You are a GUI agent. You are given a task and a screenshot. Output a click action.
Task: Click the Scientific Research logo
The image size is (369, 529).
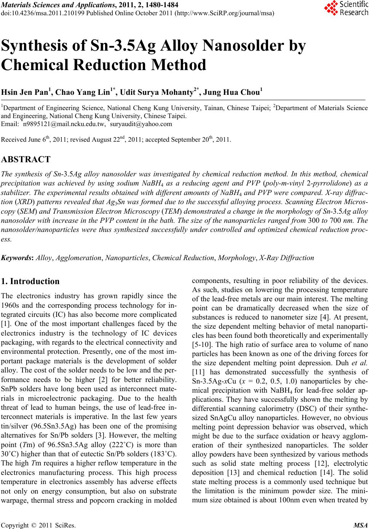[x=346, y=8]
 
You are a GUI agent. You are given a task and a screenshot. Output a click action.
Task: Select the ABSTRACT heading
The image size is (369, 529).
[x=26, y=160]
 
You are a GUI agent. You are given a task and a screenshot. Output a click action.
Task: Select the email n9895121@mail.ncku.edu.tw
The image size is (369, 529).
[x=64, y=124]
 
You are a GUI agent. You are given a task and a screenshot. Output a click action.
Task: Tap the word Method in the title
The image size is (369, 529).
[x=179, y=65]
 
